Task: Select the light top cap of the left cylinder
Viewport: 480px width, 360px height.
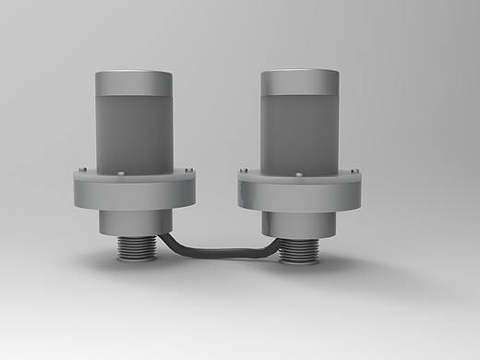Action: [x=134, y=81]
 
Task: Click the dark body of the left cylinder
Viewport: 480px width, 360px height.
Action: [x=134, y=134]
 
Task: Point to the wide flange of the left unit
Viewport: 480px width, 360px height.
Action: [x=134, y=191]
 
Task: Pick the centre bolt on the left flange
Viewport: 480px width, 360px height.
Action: [x=123, y=174]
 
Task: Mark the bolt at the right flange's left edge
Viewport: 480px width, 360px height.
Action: [x=245, y=170]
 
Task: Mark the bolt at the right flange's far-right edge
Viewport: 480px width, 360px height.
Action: [x=355, y=170]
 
